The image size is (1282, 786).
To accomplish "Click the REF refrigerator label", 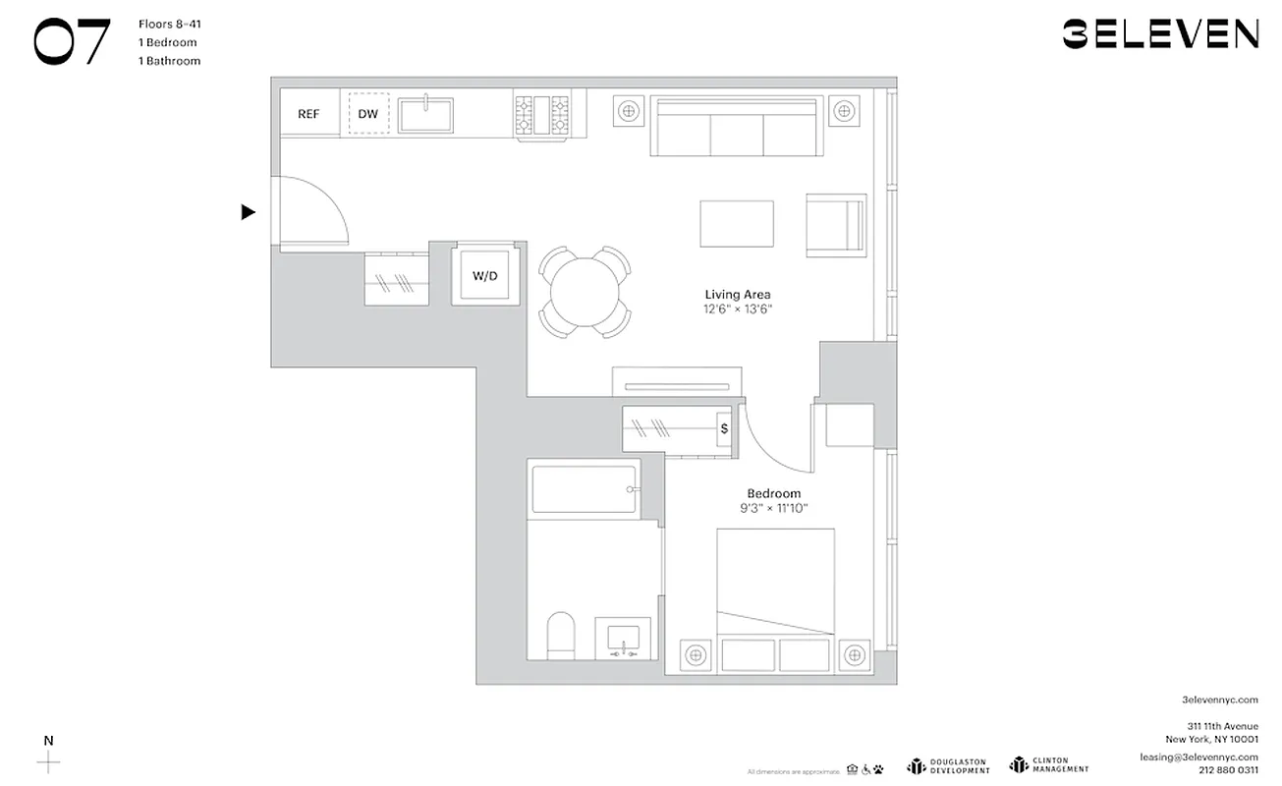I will tap(308, 114).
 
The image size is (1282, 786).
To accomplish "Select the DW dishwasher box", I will tap(368, 114).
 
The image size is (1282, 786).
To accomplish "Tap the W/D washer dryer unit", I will tap(485, 276).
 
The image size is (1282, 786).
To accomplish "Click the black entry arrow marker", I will tap(249, 212).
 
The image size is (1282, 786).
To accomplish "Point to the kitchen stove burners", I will tap(541, 114).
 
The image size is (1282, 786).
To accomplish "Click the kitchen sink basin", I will tap(425, 115).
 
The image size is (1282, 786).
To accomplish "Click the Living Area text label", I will tap(737, 295).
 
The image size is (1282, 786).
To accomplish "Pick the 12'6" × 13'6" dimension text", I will tap(737, 309).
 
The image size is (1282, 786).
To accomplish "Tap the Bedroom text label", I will tap(773, 493).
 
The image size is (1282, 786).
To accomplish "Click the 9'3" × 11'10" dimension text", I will tap(773, 508).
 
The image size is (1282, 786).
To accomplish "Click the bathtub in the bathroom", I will tap(585, 489).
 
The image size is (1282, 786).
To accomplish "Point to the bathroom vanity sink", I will tap(623, 640).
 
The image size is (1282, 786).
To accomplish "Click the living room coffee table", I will tap(736, 224).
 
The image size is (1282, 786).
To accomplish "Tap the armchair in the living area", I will tap(835, 226).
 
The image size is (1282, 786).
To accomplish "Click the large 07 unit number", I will tap(72, 42).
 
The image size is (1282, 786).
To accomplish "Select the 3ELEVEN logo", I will tap(1159, 34).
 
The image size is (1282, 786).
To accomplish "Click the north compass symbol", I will tap(48, 760).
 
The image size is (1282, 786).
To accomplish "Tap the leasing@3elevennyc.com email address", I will tap(1198, 756).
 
